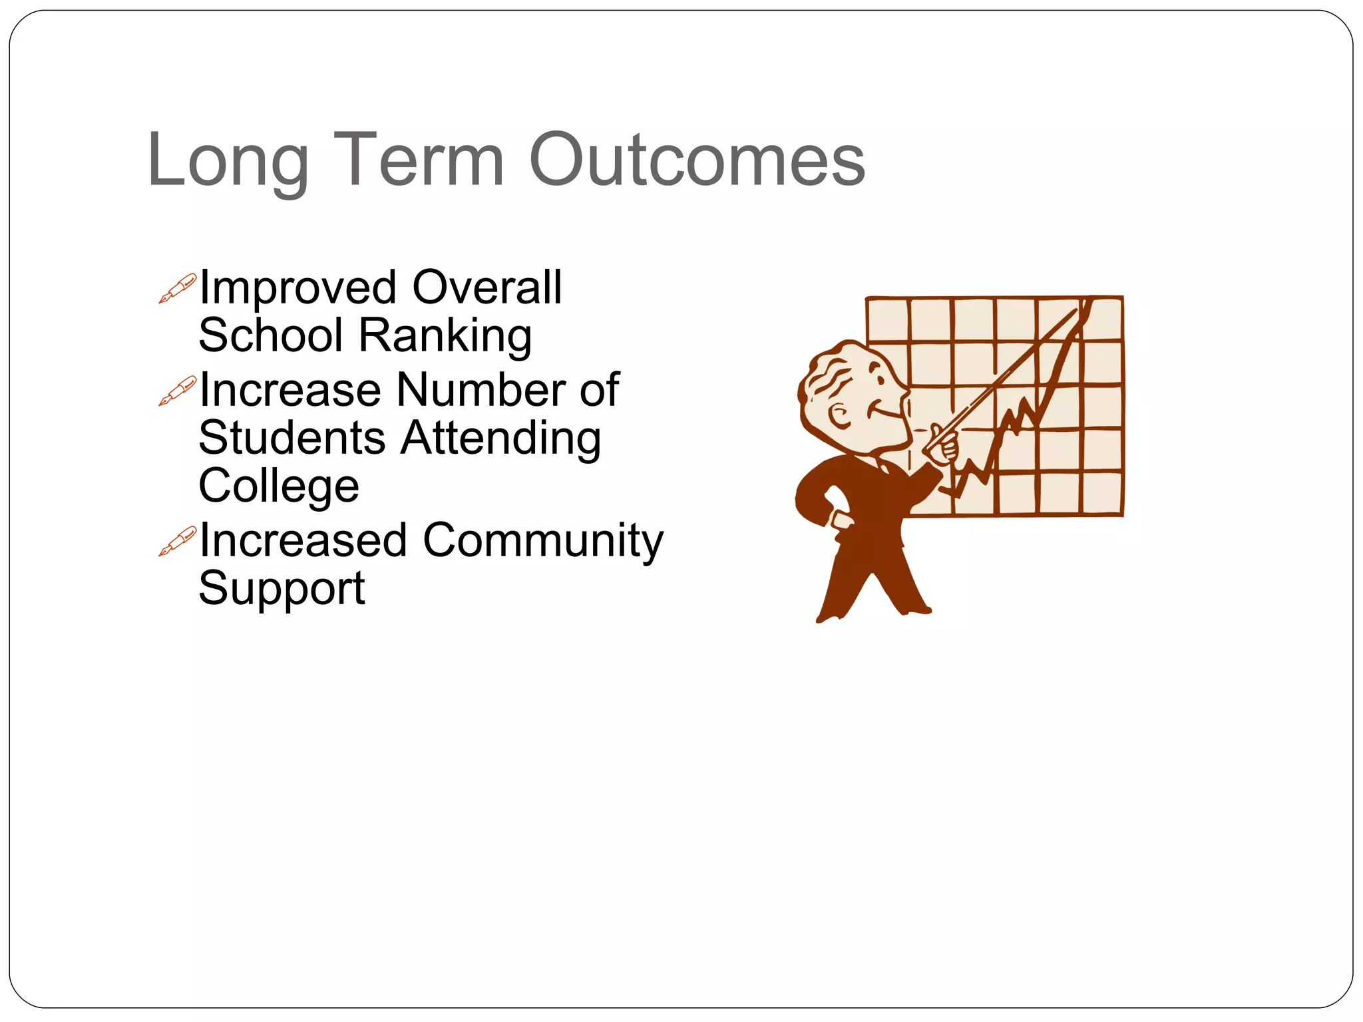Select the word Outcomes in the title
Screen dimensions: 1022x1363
[x=697, y=160]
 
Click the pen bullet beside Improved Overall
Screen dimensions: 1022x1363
[x=178, y=288]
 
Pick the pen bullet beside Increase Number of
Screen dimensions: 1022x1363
[x=178, y=391]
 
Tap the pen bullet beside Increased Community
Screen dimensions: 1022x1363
[x=178, y=540]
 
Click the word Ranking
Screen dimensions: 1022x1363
[x=445, y=336]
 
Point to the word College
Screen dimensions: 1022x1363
[x=279, y=486]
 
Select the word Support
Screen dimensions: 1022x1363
[x=282, y=588]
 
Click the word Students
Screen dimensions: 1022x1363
[x=292, y=438]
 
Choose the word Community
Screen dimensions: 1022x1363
[x=543, y=540]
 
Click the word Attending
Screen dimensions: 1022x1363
[x=501, y=438]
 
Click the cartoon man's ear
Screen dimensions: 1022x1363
[x=839, y=417]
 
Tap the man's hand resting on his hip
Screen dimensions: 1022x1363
[x=839, y=518]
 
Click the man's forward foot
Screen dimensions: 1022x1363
[x=915, y=609]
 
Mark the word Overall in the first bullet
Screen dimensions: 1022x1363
[x=487, y=288]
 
